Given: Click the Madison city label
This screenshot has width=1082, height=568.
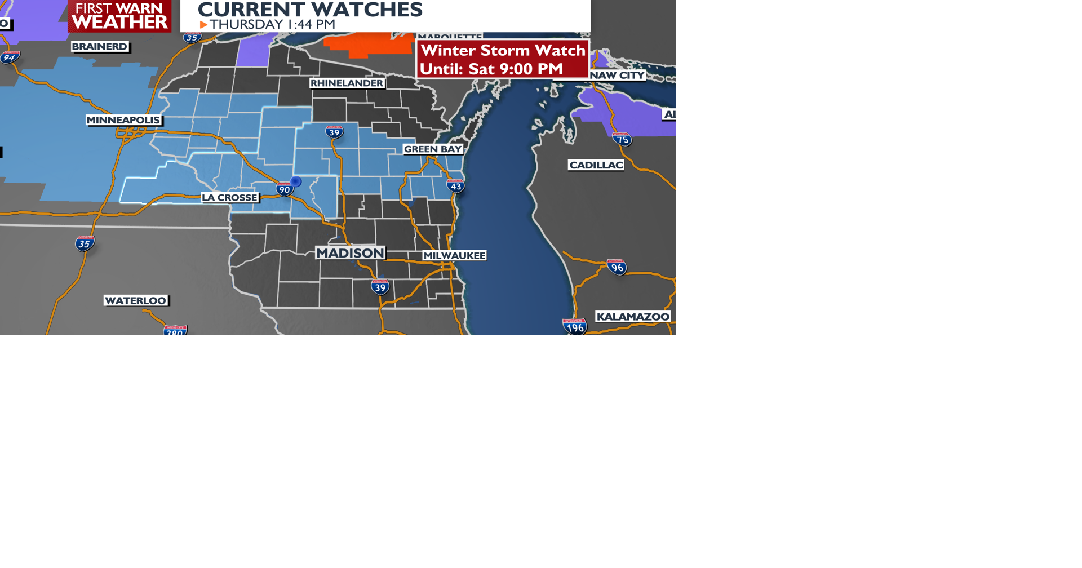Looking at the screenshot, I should [x=350, y=253].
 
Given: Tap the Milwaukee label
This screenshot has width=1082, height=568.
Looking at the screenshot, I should [x=454, y=256].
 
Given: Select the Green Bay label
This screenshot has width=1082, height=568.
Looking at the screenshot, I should [x=433, y=149].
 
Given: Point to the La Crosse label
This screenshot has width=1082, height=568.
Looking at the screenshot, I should [x=230, y=198].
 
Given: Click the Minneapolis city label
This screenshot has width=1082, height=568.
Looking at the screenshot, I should [x=123, y=120].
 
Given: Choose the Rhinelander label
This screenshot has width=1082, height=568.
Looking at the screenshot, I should [x=347, y=83].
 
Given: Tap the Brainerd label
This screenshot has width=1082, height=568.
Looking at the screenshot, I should [x=100, y=47].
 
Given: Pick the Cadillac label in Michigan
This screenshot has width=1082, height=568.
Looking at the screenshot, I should [x=596, y=165].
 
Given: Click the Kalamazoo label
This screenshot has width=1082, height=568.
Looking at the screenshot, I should [x=633, y=317].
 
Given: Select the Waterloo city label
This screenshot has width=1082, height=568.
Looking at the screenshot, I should [x=136, y=301].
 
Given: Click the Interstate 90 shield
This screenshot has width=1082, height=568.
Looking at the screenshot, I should [x=285, y=189].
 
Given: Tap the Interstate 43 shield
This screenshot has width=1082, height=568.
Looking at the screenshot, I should [x=455, y=186].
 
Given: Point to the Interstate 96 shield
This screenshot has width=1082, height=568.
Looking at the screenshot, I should [x=617, y=267].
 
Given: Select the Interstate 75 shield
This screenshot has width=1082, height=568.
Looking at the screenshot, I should [x=622, y=139].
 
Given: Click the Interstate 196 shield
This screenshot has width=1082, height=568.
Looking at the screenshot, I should [x=575, y=327].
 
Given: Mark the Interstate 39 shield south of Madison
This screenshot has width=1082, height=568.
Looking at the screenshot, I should [x=380, y=287].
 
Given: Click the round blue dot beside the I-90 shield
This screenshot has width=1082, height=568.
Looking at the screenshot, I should [x=296, y=181].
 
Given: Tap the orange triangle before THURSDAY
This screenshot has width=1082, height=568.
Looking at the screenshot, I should [x=203, y=25].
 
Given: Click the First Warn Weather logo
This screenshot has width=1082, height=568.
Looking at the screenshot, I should [x=119, y=16].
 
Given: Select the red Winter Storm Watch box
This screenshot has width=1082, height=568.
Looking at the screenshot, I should [x=503, y=59].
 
